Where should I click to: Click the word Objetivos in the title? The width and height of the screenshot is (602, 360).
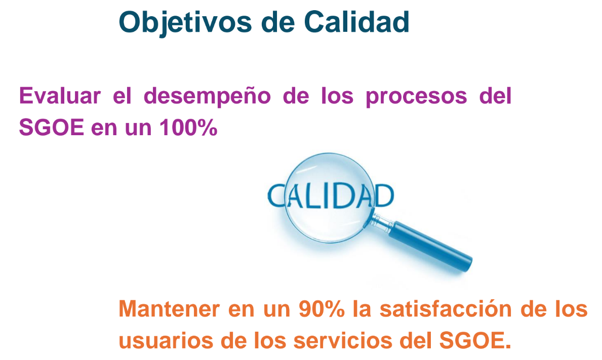coord(185,23)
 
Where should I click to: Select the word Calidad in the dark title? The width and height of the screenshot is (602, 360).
coord(356,22)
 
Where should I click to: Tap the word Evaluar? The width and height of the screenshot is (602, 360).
coord(60,96)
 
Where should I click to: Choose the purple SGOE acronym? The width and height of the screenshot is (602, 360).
coord(52,128)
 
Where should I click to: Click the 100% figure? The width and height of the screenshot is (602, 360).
coord(188,128)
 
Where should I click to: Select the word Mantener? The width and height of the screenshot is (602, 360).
coord(169,309)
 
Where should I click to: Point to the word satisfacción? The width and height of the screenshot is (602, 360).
coord(446,309)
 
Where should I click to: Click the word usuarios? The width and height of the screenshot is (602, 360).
coord(166,341)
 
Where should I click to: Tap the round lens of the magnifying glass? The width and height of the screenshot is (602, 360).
coord(330,197)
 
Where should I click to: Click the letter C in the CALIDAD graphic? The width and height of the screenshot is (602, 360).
coord(275,196)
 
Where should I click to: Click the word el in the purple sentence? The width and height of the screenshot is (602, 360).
coord(122,96)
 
